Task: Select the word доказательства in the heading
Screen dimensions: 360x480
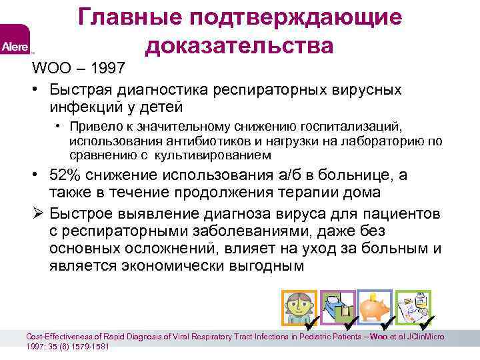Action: (239, 45)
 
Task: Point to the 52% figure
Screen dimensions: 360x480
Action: (65, 175)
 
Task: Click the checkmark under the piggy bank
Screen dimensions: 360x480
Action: (385, 325)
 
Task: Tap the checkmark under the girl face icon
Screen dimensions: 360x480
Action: (309, 325)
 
